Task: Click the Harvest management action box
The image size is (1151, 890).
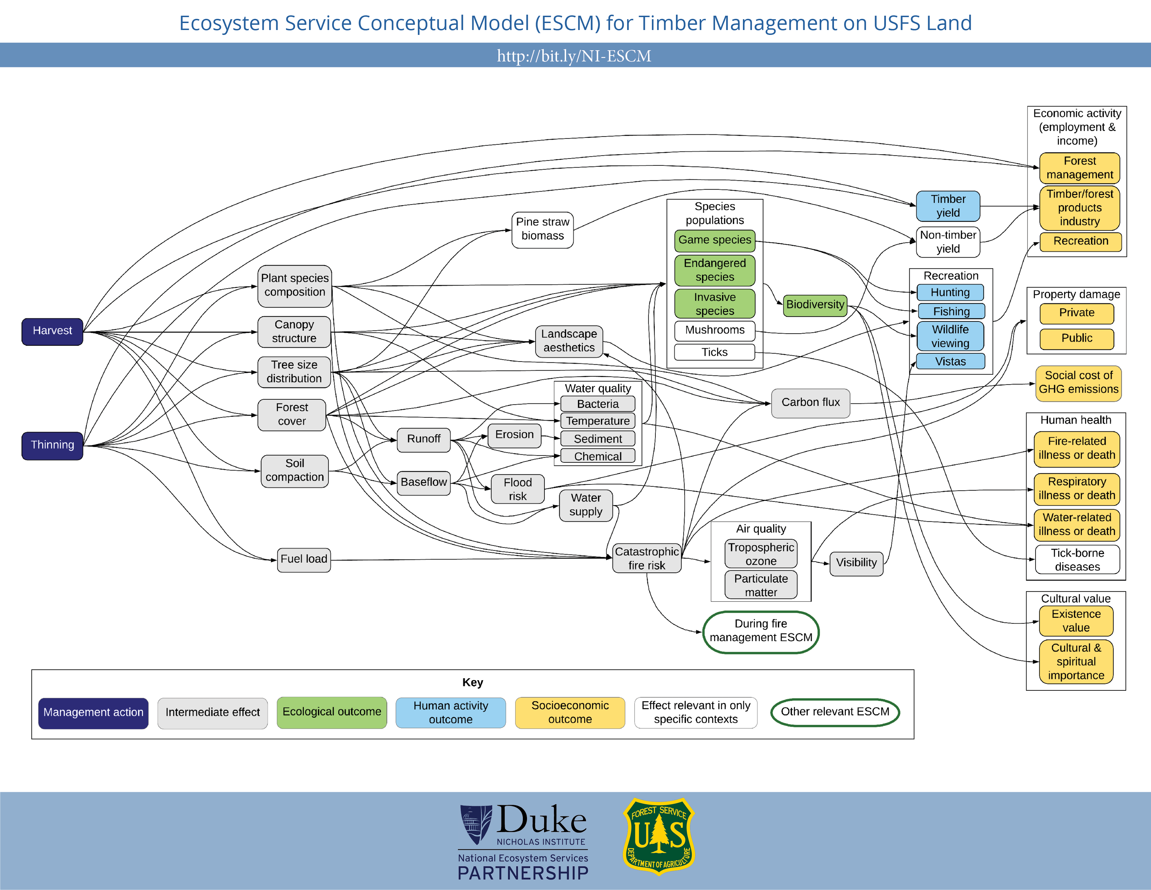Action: tap(52, 332)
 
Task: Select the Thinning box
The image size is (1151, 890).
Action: tap(52, 446)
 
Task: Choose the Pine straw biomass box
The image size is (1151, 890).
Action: tap(542, 229)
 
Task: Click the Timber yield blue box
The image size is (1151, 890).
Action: tap(948, 206)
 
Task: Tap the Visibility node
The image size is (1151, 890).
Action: tap(856, 563)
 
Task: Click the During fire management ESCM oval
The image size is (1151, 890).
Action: tap(760, 631)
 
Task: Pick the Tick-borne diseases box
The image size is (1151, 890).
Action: tap(1077, 560)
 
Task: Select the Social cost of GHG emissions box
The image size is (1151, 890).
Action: tap(1078, 383)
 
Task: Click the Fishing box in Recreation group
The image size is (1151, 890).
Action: tap(951, 312)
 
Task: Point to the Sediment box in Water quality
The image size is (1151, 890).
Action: tap(597, 439)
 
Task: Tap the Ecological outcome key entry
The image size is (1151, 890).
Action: tap(331, 712)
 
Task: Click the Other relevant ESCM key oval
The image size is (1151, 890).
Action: tap(834, 712)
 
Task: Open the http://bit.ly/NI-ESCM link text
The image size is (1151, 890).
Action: tap(574, 56)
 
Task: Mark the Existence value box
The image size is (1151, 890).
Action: tap(1076, 621)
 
